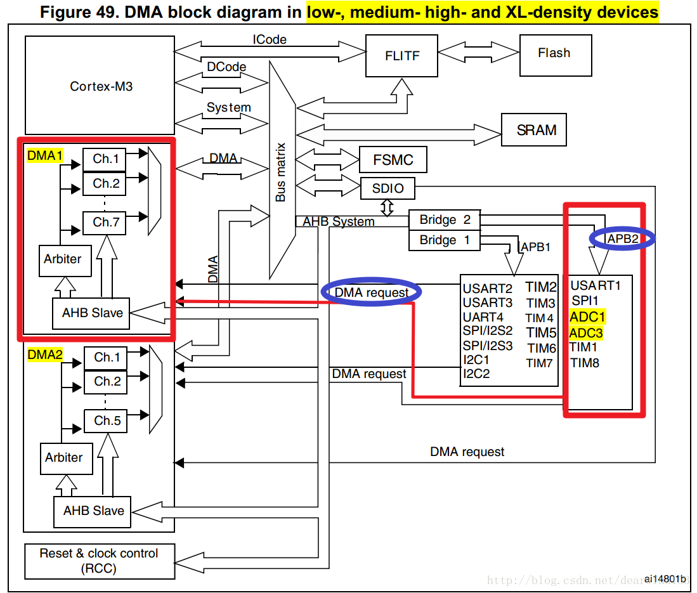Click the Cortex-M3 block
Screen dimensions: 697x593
(x=100, y=86)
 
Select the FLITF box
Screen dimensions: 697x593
(x=402, y=56)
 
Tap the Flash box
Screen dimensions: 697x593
(x=556, y=55)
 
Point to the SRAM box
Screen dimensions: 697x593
(x=534, y=130)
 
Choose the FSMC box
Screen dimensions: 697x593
(x=393, y=160)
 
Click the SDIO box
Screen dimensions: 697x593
(x=388, y=188)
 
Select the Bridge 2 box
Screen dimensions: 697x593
(x=445, y=219)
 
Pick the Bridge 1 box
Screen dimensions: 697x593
(x=445, y=240)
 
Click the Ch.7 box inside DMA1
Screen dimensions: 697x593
(x=105, y=223)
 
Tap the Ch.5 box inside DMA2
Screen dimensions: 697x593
(x=106, y=420)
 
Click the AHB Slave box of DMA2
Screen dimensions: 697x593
(x=92, y=512)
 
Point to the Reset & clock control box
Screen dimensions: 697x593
(x=100, y=561)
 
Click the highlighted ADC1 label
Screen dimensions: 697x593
(x=587, y=317)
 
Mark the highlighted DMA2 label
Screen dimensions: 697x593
(x=45, y=355)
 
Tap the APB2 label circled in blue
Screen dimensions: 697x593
(x=623, y=238)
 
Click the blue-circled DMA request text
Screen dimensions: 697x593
(x=371, y=292)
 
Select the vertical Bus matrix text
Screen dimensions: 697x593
(x=280, y=172)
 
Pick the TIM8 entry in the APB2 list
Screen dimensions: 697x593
(x=585, y=363)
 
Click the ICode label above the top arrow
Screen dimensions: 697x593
(x=270, y=39)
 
